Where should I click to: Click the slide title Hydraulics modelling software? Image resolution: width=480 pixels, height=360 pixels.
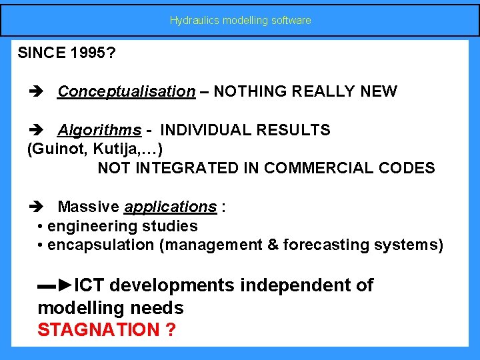click(240, 21)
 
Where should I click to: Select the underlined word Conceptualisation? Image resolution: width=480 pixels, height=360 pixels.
click(127, 91)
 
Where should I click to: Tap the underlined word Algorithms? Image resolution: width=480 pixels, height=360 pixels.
click(99, 129)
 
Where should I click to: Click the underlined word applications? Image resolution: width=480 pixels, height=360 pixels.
click(170, 207)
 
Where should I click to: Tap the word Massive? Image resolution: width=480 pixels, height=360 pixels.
click(89, 207)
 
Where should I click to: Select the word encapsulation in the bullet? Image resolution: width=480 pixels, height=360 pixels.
click(101, 245)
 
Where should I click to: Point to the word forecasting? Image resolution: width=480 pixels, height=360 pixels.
click(323, 245)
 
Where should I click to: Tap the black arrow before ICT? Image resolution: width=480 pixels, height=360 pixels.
click(55, 286)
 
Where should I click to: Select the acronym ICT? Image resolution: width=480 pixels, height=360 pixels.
click(89, 286)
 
